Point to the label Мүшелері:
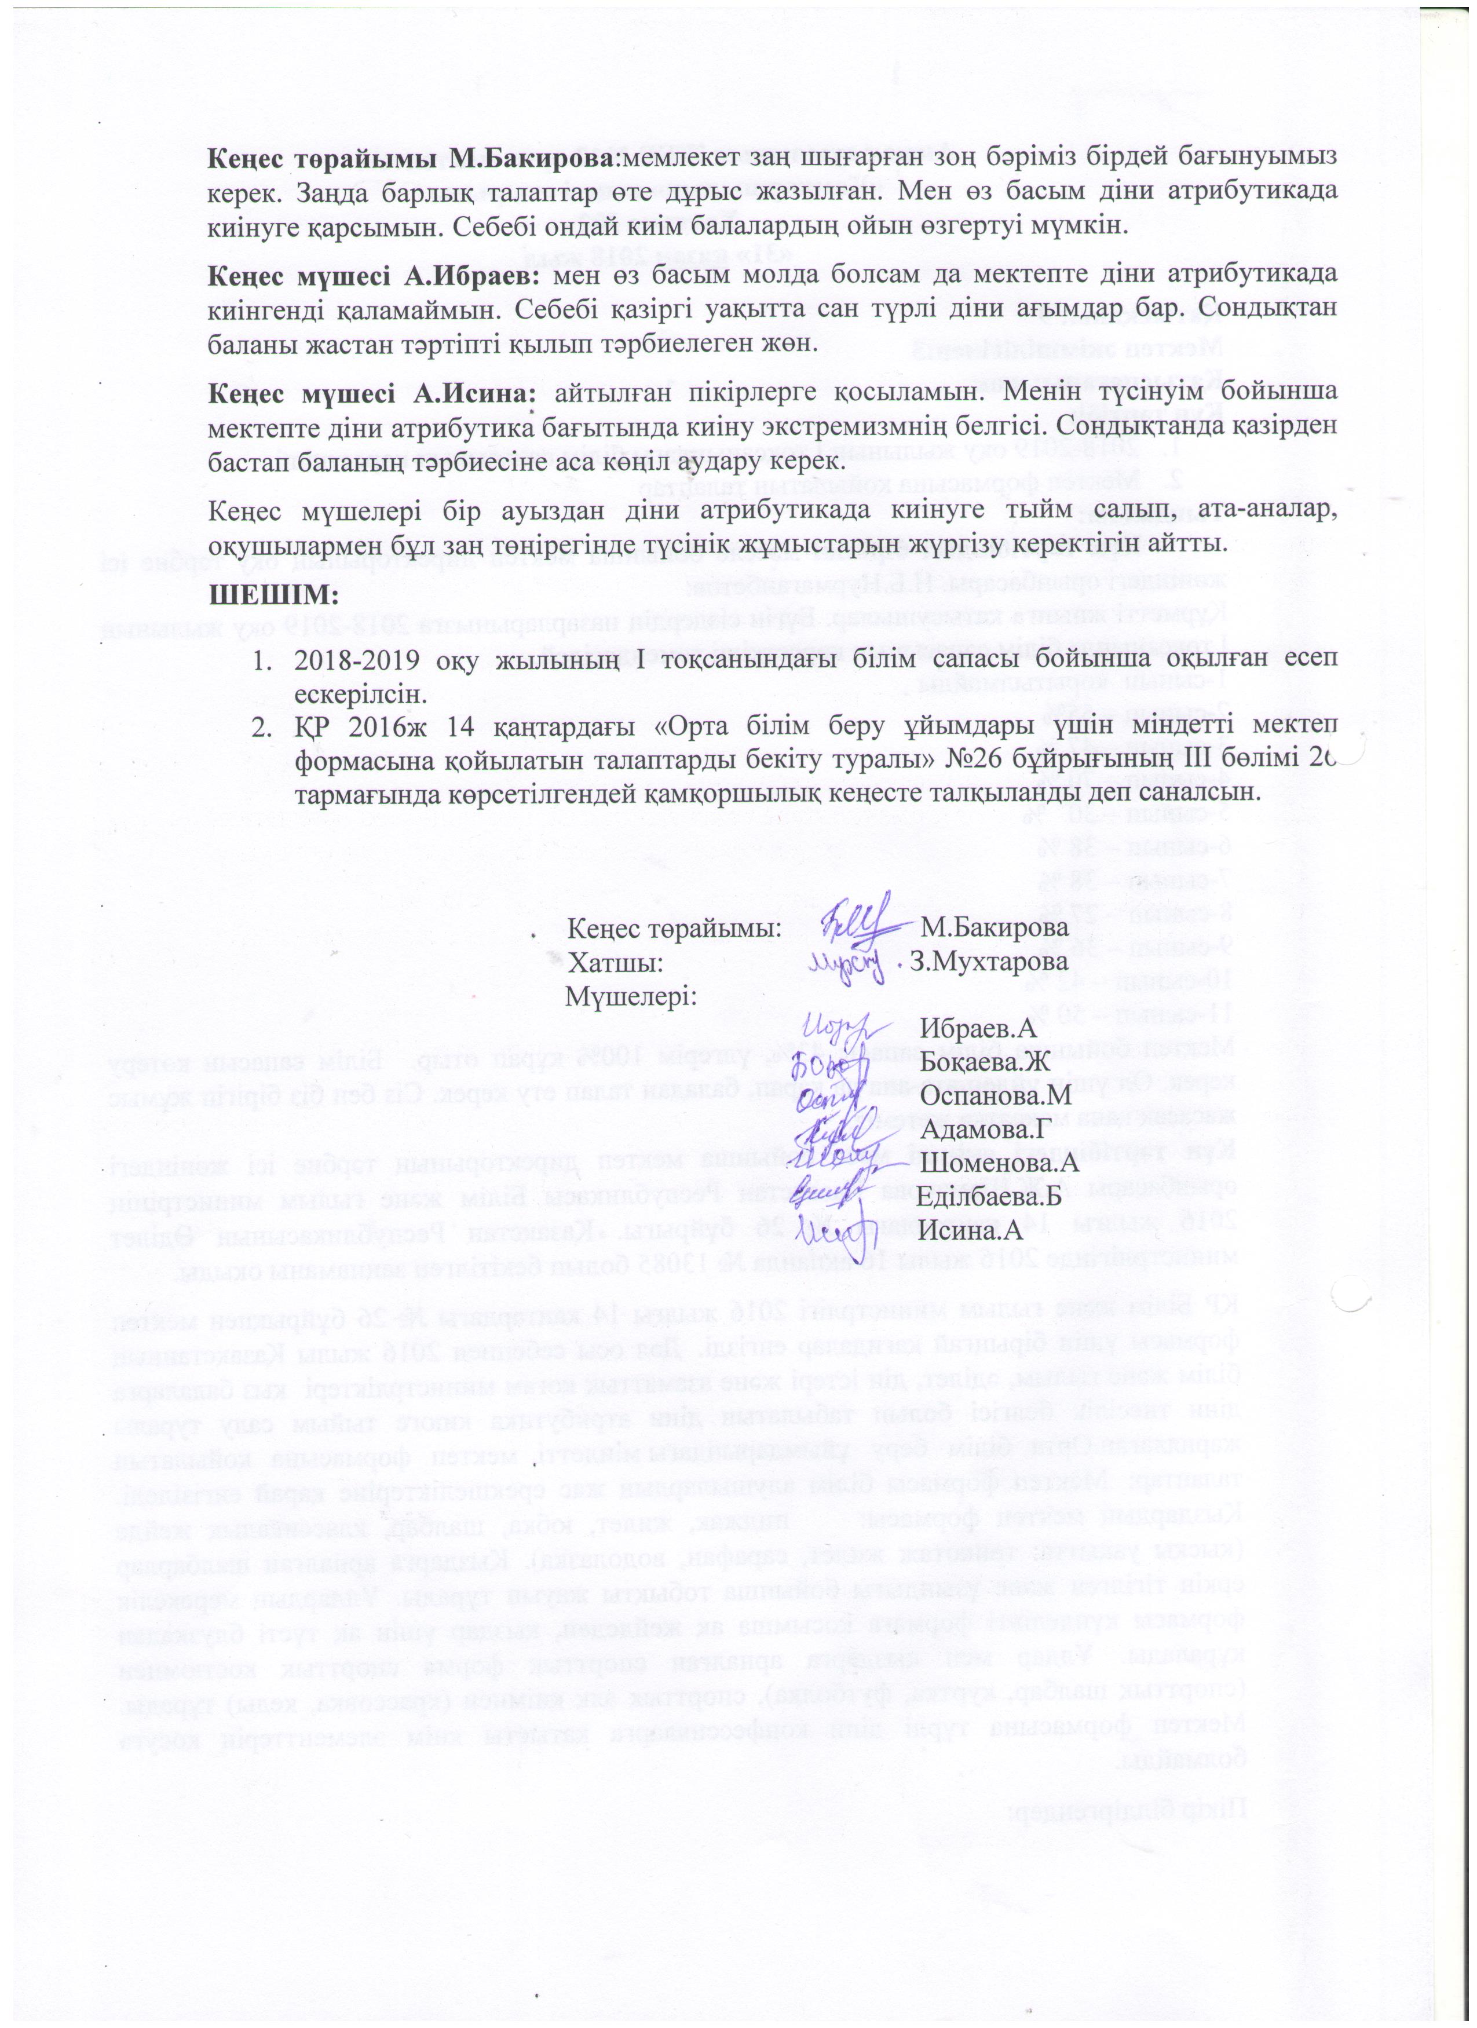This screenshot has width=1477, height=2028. (x=631, y=996)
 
